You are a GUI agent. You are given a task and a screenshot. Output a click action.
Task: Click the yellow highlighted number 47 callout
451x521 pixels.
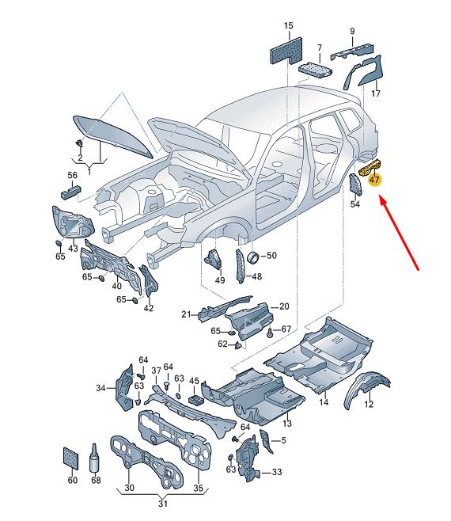(374, 180)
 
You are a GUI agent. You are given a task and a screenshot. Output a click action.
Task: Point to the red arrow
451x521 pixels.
(400, 234)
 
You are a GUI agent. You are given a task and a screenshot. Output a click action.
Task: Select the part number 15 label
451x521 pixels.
(289, 25)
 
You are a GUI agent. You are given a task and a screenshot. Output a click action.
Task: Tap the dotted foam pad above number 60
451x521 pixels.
(70, 458)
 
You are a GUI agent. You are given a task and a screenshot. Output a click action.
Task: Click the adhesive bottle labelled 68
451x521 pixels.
(95, 458)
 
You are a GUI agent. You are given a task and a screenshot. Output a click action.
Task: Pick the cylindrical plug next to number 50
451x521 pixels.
(253, 257)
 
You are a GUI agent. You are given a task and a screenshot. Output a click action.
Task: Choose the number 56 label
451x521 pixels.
(73, 175)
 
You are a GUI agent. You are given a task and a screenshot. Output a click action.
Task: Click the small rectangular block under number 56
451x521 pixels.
(70, 192)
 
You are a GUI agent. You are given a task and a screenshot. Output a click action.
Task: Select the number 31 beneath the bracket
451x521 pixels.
(163, 504)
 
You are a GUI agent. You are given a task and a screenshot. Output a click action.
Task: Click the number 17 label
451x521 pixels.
(376, 93)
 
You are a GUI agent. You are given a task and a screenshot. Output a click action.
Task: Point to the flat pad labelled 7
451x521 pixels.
(315, 70)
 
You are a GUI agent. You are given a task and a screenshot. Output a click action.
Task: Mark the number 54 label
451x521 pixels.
(355, 203)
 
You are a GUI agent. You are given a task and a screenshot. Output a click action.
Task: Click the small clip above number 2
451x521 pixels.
(79, 143)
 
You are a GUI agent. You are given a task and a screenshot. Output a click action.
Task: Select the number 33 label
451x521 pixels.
(277, 472)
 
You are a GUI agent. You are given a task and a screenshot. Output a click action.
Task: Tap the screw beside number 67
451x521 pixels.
(270, 333)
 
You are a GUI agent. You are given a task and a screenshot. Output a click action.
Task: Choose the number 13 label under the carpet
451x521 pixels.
(287, 423)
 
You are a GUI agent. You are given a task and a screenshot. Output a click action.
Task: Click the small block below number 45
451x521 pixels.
(196, 399)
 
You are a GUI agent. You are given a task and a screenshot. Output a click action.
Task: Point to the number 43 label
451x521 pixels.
(73, 248)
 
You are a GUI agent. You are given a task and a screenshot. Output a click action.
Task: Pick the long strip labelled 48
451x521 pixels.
(240, 267)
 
